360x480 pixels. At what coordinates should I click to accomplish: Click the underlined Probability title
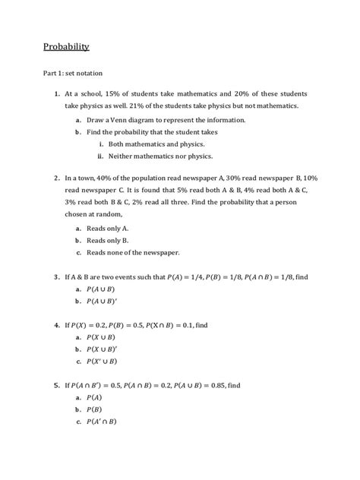[66, 47]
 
